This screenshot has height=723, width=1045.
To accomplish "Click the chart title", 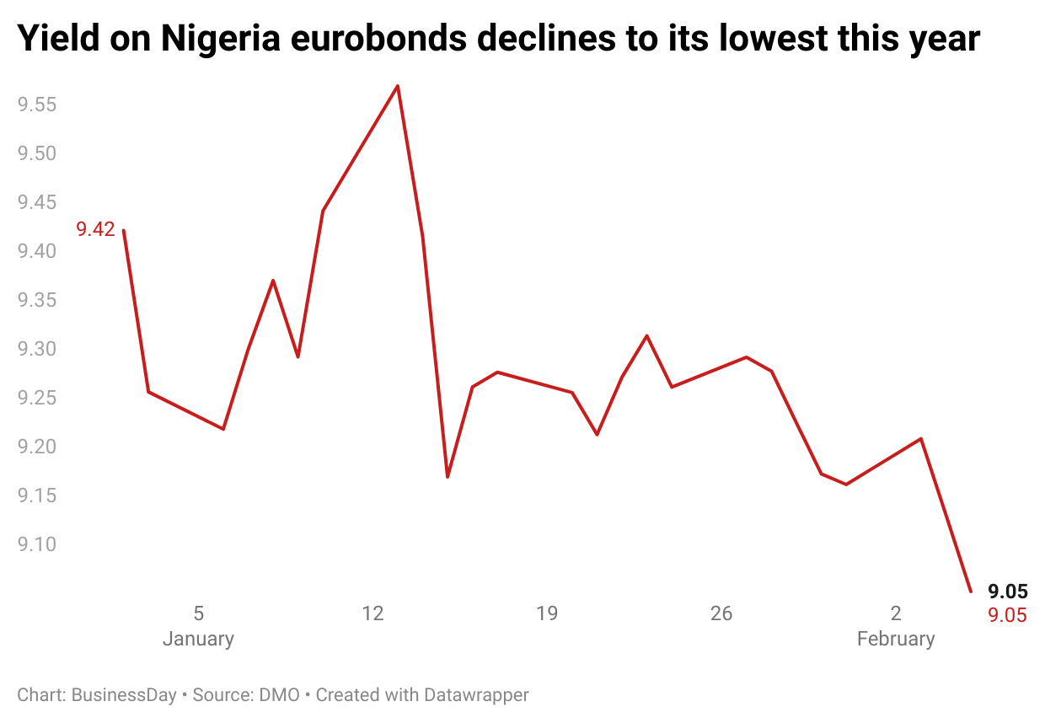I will pos(498,39).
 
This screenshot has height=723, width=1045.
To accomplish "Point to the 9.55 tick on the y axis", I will pos(38,105).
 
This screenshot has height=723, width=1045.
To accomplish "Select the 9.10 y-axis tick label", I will pos(38,544).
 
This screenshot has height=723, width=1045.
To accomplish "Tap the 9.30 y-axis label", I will pos(38,349).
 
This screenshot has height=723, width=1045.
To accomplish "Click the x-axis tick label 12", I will pos(372,613).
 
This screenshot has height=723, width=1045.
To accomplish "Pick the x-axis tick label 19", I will pos(547,613).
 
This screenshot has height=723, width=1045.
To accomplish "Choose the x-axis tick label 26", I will pos(721,613).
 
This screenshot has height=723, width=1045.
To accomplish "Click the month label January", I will pos(198,639).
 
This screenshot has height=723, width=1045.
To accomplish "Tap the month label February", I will pos(895,639).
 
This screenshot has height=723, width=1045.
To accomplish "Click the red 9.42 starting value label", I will pos(95,229).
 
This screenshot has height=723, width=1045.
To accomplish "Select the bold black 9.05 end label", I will pos(1007,592).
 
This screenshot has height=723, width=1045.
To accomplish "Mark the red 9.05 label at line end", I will pos(1007,615).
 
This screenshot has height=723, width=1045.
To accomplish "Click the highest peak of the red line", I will pos(397,86).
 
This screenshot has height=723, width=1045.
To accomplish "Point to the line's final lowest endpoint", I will pos(971,591).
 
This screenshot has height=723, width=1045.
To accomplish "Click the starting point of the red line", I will pos(124,230).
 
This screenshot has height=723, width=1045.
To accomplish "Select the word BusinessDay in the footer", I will pos(124,695).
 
